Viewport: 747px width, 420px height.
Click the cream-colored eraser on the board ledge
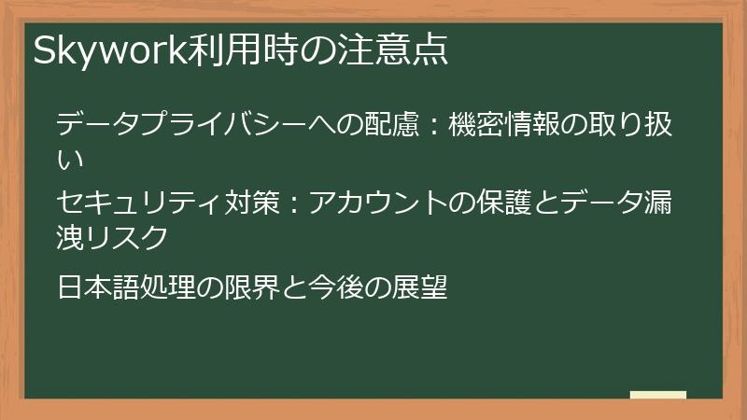point(657,395)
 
